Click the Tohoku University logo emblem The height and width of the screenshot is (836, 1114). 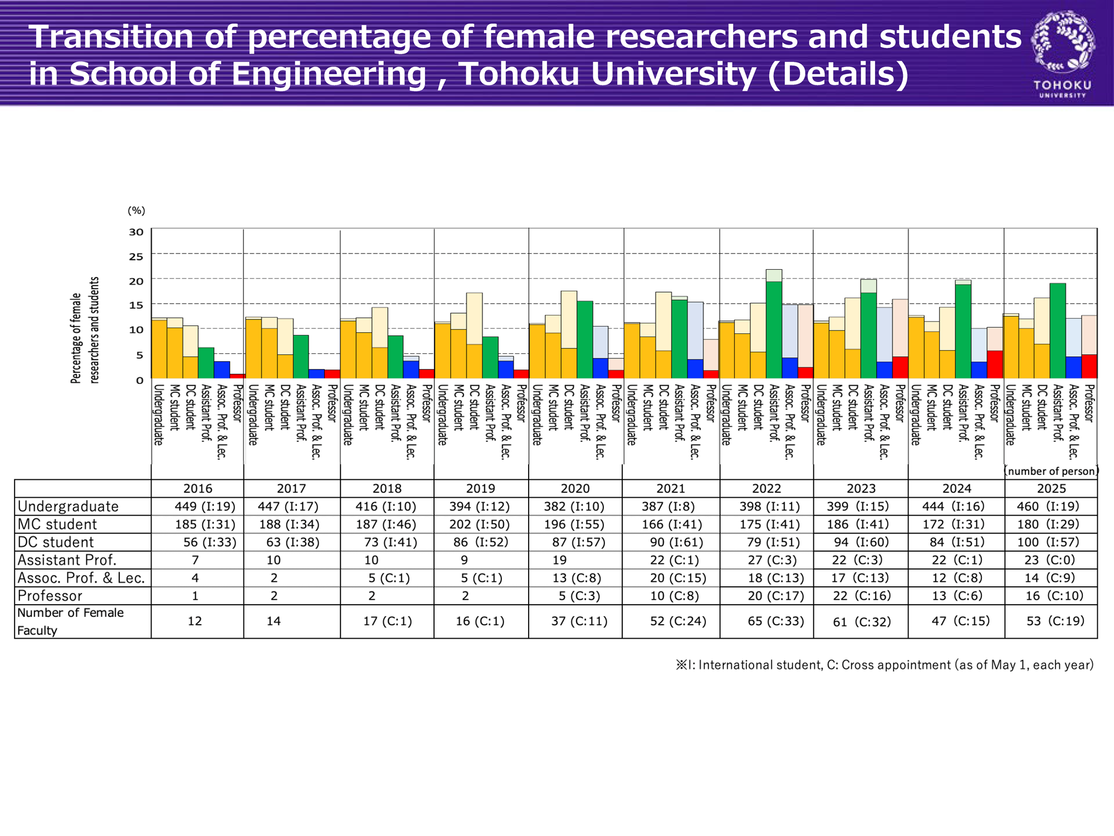coord(1063,43)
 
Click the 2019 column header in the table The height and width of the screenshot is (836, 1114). coord(481,489)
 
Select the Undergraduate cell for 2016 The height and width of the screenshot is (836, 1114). coord(205,507)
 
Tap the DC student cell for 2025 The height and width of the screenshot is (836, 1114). coord(1051,542)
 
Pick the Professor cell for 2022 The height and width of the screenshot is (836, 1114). coord(776,596)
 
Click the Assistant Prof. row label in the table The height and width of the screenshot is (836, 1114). coord(67,560)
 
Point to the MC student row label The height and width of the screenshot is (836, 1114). coord(57,524)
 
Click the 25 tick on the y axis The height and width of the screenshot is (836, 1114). coord(136,257)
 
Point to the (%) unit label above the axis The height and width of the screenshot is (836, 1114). coord(136,211)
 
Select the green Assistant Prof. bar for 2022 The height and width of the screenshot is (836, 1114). coord(774,330)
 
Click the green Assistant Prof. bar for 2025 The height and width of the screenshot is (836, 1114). coord(1058,331)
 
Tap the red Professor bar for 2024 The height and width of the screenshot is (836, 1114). coord(995,365)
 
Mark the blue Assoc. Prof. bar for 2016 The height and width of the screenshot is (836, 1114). coord(222,370)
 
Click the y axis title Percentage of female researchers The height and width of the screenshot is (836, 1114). coord(85,330)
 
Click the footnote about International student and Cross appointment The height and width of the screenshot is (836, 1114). coord(884,665)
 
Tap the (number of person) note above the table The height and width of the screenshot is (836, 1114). coord(1051,472)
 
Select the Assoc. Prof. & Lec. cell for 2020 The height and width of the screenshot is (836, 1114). coord(576,578)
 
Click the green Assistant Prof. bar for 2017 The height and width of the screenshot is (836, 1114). coord(301,357)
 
